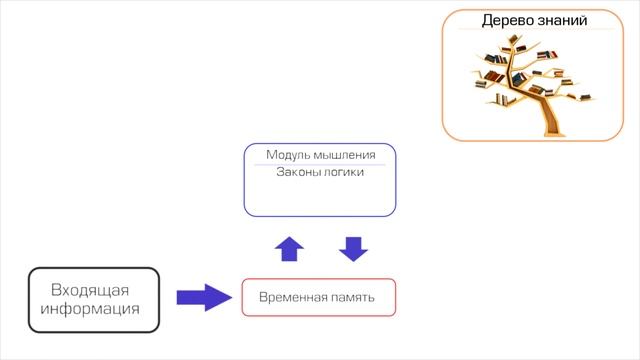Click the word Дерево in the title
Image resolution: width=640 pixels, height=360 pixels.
(x=507, y=20)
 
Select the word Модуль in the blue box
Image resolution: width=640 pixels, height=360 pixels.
(x=289, y=155)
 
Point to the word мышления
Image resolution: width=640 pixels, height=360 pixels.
(x=344, y=155)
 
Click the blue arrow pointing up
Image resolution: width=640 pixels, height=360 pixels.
(x=288, y=247)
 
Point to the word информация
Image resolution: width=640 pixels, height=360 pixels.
(x=91, y=308)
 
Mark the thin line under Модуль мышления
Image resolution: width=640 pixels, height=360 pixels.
(x=320, y=164)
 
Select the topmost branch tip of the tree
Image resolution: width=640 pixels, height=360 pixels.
(x=514, y=38)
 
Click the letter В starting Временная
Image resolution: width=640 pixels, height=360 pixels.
(x=263, y=298)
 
